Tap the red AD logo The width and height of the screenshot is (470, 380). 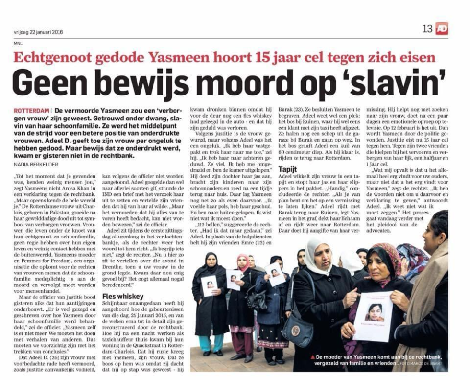[442, 29]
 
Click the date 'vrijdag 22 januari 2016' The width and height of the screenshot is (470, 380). [39, 32]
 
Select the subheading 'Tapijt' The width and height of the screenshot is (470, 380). [288, 169]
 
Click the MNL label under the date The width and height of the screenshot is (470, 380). [18, 43]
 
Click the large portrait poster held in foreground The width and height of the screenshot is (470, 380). [372, 316]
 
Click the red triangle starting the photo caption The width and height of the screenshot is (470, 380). [312, 357]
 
